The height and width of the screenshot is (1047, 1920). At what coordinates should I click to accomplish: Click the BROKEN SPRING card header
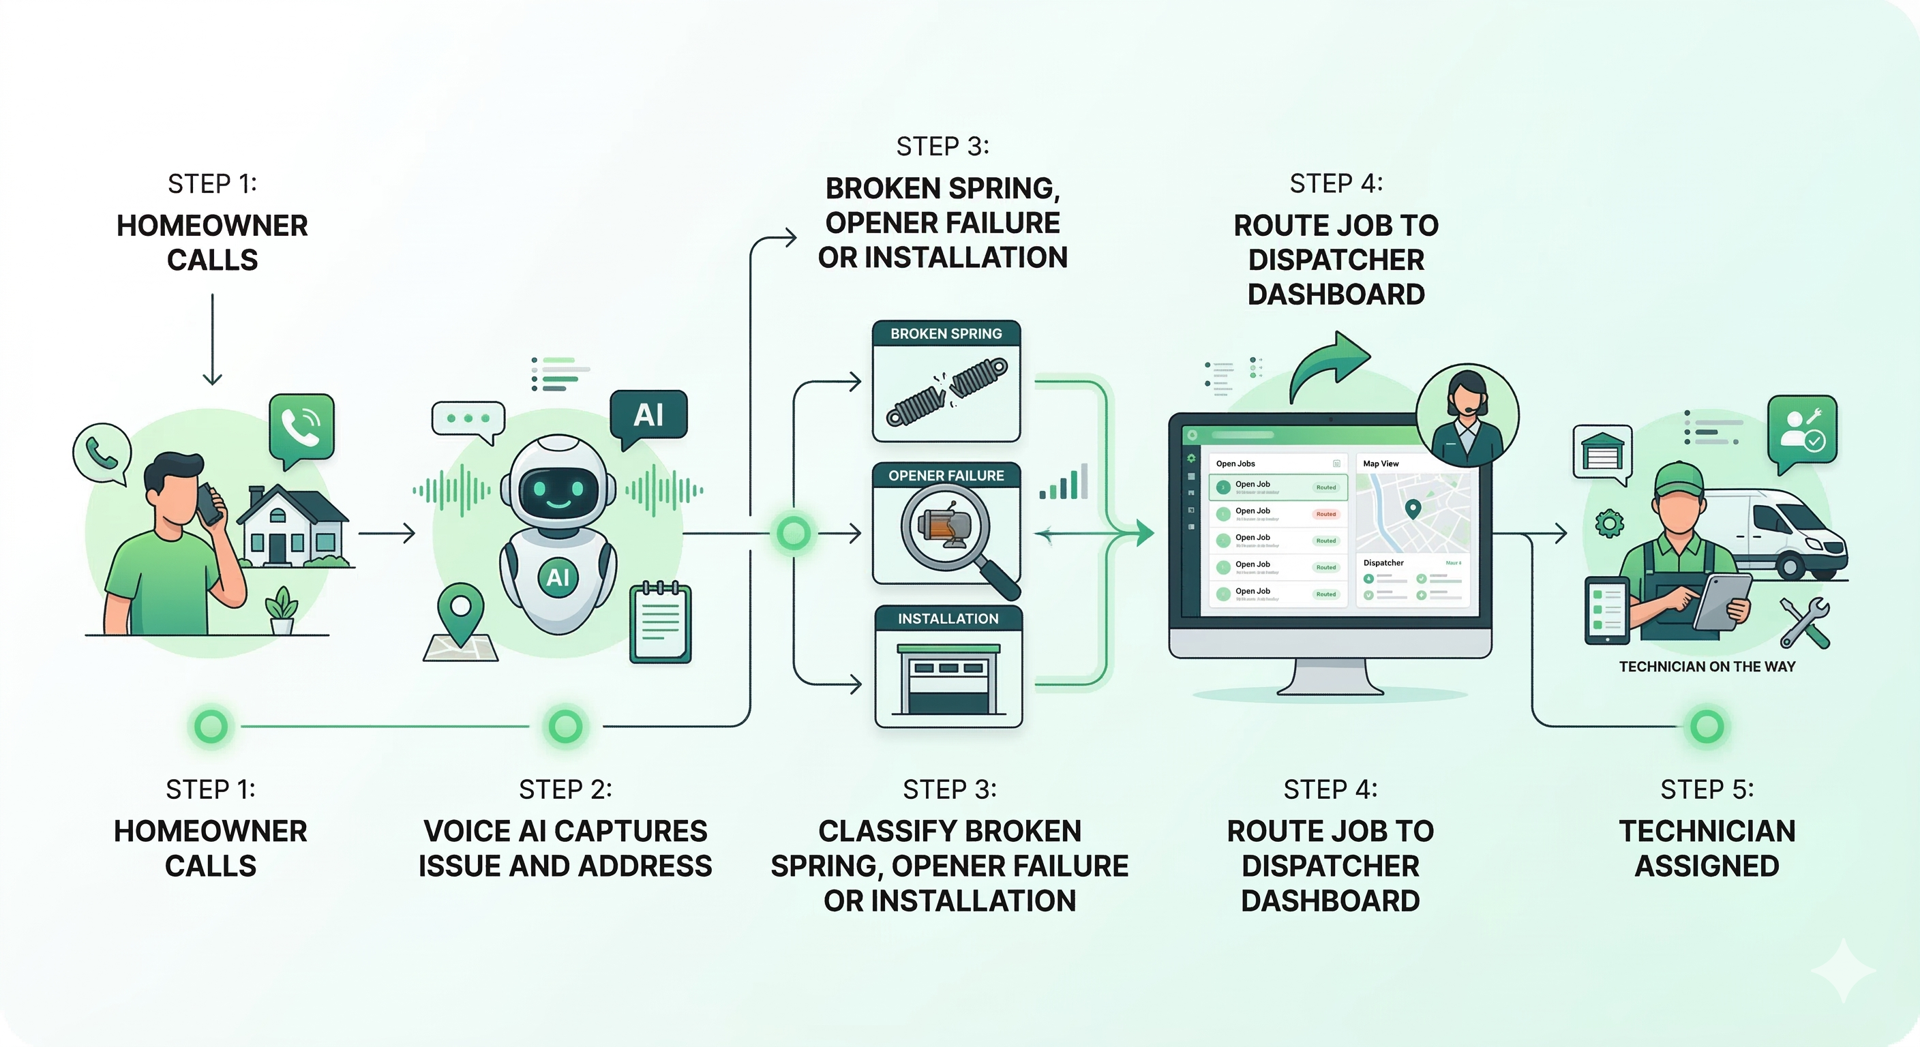coord(946,334)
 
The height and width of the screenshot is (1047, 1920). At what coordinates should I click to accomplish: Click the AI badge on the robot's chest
coord(558,577)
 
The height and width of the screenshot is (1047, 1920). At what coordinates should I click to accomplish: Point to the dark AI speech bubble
coord(648,414)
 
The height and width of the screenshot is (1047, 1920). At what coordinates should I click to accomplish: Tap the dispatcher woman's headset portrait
coord(1466,416)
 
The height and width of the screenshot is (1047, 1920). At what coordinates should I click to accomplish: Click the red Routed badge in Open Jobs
coord(1325,514)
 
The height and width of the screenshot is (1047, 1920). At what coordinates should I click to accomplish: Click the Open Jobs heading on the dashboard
coord(1235,464)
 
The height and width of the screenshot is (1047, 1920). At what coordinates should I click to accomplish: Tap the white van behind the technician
coord(1789,533)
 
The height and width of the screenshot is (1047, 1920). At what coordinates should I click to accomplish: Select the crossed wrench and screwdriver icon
coord(1803,622)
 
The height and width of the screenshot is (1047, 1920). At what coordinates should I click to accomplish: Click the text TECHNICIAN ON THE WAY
coord(1707,666)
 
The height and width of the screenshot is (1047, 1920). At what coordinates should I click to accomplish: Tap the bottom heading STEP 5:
coord(1707,789)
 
